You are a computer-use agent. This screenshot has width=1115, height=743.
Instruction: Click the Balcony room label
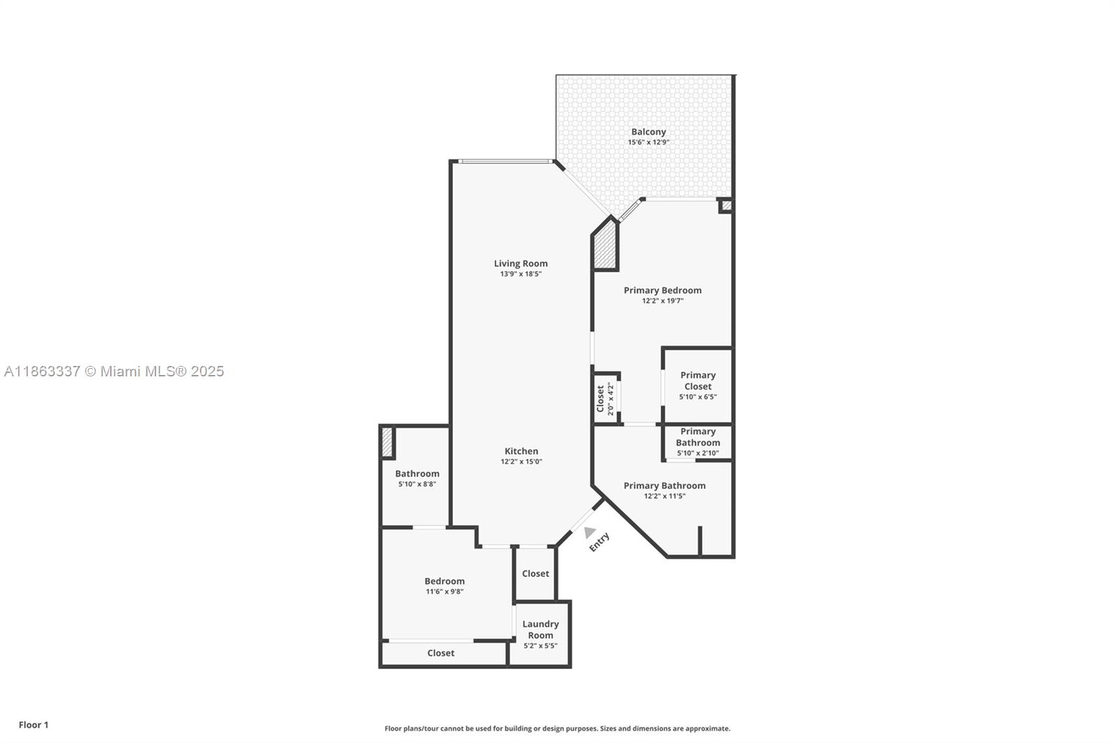(x=648, y=132)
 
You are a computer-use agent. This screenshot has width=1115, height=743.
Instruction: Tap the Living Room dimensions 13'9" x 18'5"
(x=521, y=274)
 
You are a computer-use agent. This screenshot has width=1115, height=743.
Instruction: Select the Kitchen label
(x=521, y=451)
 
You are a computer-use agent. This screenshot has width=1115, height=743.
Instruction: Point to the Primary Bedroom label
(x=663, y=291)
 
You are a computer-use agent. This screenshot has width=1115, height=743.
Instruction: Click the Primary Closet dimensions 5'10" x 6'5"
(x=698, y=397)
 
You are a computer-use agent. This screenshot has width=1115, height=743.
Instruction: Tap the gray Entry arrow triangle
(x=590, y=532)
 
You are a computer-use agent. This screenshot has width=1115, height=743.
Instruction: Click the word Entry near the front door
(x=599, y=542)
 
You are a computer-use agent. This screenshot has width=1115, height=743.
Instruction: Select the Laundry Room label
(x=541, y=629)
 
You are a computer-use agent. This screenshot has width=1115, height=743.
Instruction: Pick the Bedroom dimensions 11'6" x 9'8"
(x=445, y=592)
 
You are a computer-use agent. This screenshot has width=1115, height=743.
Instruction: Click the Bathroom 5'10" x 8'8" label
(x=417, y=479)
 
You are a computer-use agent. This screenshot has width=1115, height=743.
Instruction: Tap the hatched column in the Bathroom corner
(x=387, y=442)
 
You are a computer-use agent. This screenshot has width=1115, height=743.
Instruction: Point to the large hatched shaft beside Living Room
(x=606, y=247)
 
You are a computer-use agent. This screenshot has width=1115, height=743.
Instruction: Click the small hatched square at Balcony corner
(x=726, y=205)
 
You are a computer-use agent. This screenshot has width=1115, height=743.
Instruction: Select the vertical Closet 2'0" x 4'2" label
(x=605, y=399)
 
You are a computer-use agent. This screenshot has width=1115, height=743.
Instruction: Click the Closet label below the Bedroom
(x=440, y=653)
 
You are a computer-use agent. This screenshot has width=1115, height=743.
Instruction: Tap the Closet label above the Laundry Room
(x=536, y=574)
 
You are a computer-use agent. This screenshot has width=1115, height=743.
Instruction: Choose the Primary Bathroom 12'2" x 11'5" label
(x=665, y=491)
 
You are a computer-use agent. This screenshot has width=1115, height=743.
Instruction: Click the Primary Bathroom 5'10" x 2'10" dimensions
(x=698, y=453)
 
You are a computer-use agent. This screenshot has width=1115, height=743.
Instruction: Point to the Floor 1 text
(x=34, y=725)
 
